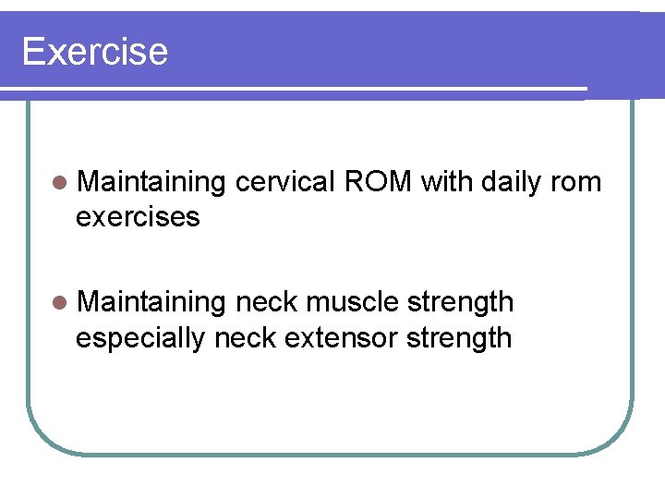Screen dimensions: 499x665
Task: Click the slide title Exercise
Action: click(94, 52)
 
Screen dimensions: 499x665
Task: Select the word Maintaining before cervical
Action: click(151, 183)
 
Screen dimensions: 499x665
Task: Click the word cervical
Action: click(285, 182)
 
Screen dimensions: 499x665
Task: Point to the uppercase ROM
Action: click(378, 182)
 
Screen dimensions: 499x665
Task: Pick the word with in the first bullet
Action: click(449, 182)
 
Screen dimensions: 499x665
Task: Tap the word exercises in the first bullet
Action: click(138, 217)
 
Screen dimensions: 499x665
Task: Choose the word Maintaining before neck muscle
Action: click(151, 302)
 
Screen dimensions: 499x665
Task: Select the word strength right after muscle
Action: click(460, 303)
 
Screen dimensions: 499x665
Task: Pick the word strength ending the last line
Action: click(460, 338)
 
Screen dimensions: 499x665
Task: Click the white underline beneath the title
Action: click(296, 91)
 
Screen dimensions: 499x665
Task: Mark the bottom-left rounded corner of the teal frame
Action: click(42, 438)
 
